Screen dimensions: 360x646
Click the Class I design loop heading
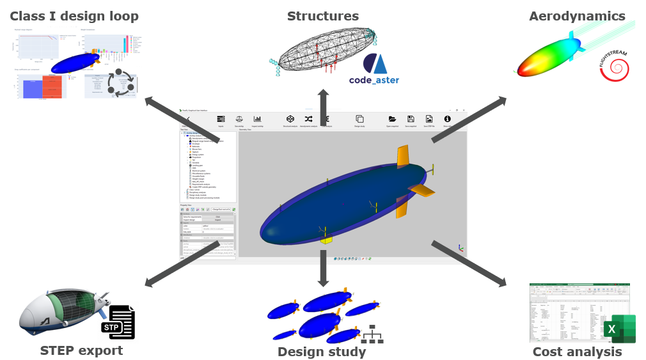(74, 16)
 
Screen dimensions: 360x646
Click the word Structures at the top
(322, 16)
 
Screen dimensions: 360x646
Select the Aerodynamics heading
(577, 16)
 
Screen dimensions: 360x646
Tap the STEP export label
(81, 350)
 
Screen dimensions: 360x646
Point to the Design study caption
(322, 352)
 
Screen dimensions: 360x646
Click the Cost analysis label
(577, 352)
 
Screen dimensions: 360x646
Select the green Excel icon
(619, 329)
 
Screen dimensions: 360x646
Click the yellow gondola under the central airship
(326, 240)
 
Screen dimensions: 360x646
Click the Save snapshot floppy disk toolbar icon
(411, 119)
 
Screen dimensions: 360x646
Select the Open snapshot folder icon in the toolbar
(392, 119)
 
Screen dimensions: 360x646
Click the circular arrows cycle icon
(120, 82)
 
